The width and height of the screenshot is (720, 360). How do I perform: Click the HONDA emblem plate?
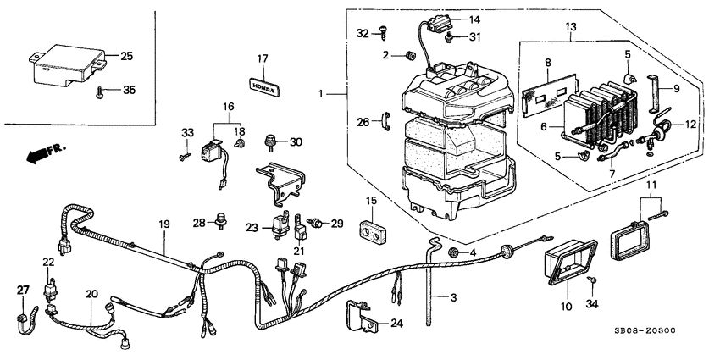pyautogui.click(x=264, y=86)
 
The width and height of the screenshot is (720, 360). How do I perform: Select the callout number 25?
pyautogui.click(x=126, y=56)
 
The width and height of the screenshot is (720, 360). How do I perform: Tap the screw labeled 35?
pyautogui.click(x=100, y=91)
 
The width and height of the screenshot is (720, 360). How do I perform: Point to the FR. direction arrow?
pyautogui.click(x=46, y=153)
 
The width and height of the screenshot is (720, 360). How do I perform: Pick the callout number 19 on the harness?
pyautogui.click(x=164, y=224)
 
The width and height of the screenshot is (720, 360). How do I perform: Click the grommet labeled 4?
pyautogui.click(x=454, y=252)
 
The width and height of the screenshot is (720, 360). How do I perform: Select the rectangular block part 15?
pyautogui.click(x=371, y=232)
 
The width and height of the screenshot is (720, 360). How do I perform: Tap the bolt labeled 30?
pyautogui.click(x=271, y=142)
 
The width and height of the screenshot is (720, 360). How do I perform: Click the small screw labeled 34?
pyautogui.click(x=592, y=280)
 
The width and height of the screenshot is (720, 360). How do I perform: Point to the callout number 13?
pyautogui.click(x=571, y=26)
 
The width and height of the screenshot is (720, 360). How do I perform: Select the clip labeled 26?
pyautogui.click(x=385, y=121)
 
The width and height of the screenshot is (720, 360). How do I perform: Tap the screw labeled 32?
pyautogui.click(x=382, y=31)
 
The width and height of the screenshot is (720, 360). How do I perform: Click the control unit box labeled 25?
pyautogui.click(x=69, y=65)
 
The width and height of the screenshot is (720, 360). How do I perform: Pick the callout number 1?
pyautogui.click(x=321, y=94)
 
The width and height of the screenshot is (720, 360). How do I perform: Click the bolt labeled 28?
pyautogui.click(x=222, y=220)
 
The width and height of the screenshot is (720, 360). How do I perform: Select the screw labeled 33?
pyautogui.click(x=184, y=157)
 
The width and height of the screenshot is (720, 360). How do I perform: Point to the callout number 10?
pyautogui.click(x=566, y=306)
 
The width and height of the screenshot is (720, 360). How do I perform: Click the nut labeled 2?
pyautogui.click(x=409, y=56)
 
